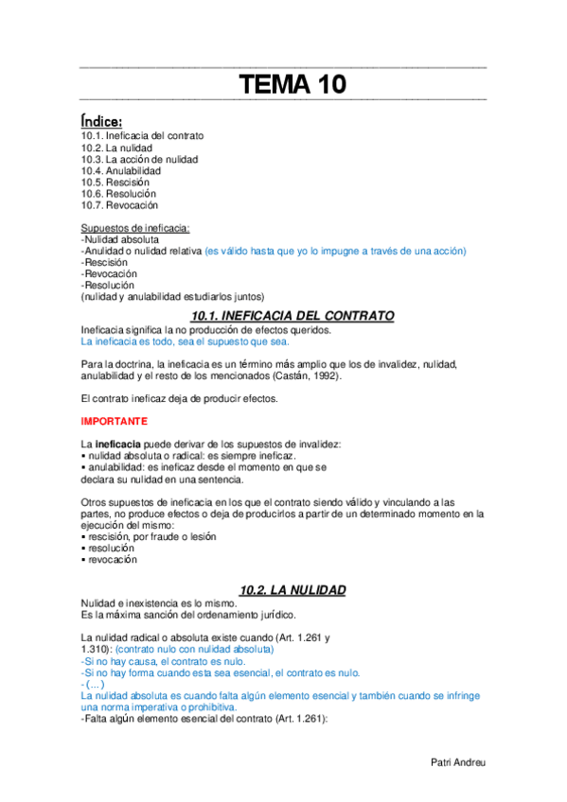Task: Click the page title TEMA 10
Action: click(292, 85)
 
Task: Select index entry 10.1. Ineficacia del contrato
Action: click(142, 136)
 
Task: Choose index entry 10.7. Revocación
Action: click(119, 204)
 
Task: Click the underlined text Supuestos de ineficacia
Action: click(135, 228)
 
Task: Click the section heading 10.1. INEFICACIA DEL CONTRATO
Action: click(292, 315)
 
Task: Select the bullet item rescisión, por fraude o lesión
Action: click(151, 536)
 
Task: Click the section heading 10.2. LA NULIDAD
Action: click(292, 589)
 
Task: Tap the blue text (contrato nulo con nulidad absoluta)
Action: click(193, 650)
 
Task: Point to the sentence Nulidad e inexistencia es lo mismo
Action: click(159, 603)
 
